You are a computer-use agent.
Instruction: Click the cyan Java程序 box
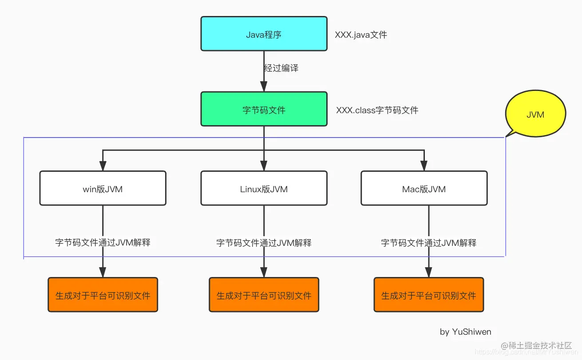coord(264,34)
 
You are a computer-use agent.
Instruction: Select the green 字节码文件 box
coord(264,109)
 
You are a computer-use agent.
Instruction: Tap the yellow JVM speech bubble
coord(535,114)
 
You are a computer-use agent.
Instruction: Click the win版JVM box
coord(103,189)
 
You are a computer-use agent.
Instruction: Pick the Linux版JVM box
coord(264,189)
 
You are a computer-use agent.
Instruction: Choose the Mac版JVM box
coord(424,189)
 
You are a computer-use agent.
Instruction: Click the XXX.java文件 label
coord(361,35)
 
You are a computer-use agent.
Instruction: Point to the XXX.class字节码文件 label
coord(377,110)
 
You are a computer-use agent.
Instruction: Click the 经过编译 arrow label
coord(281,68)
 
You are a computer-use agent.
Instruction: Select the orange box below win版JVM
coord(103,295)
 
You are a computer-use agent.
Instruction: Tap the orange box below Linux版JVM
coord(264,295)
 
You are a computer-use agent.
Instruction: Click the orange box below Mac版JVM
coord(428,295)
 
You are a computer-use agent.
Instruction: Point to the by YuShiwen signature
coord(465,332)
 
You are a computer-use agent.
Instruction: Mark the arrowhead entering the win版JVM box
coord(103,166)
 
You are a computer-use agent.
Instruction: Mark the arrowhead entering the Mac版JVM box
coord(424,166)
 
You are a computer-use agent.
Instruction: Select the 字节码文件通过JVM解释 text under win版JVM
coord(103,242)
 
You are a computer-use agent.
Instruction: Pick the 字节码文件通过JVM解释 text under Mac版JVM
coord(428,243)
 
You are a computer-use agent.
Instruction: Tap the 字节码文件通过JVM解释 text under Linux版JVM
coord(264,243)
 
